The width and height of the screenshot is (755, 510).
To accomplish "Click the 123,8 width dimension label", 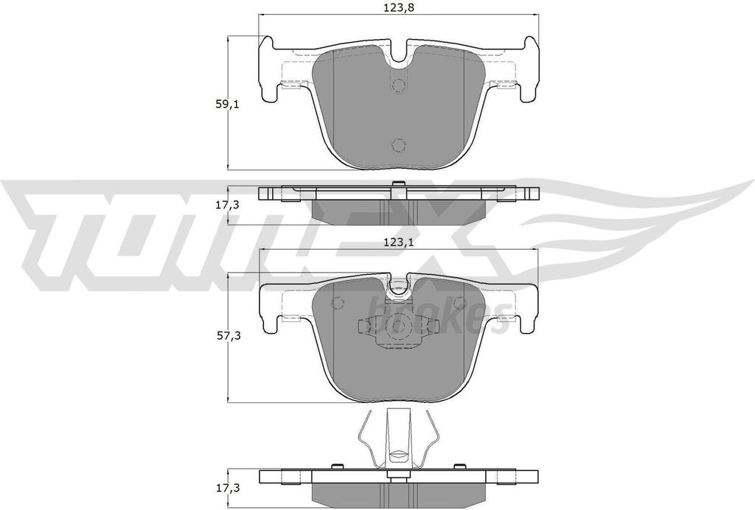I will coord(398,8).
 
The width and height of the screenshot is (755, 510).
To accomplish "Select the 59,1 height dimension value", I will coord(225,105).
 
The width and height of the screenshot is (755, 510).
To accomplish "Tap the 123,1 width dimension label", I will coord(398,240).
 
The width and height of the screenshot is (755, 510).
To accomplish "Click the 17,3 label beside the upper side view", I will coord(225,206).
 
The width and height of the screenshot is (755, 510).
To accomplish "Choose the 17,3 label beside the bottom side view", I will coord(225,488).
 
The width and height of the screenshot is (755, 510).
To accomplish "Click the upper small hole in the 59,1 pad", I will coord(399,86).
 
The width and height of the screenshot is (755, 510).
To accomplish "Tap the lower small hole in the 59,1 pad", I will coord(399,144).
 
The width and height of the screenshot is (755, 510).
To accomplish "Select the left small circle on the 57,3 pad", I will coord(338,302).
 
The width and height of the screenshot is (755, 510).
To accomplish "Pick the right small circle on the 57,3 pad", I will coord(459,302).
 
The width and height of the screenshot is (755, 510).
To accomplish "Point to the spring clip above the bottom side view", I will coord(398,439).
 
